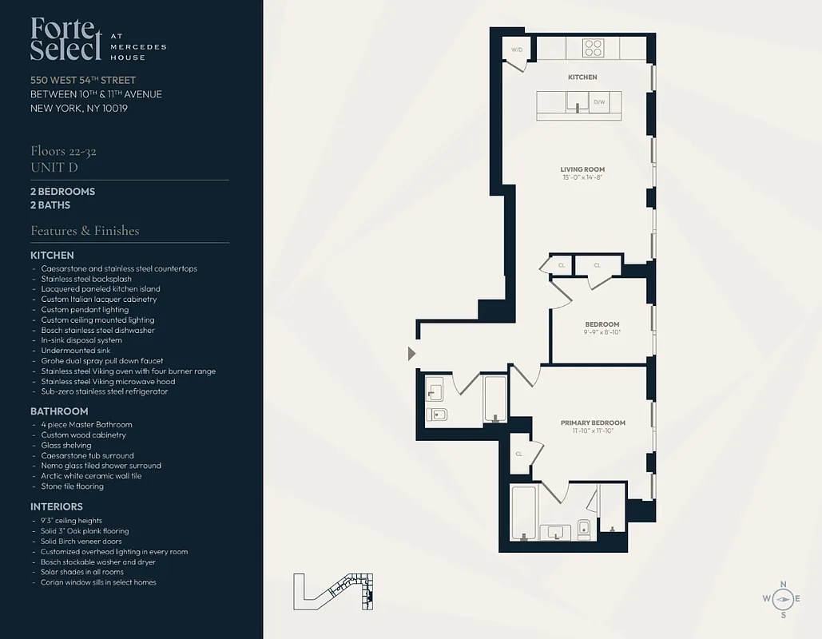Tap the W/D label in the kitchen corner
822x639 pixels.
pyautogui.click(x=516, y=50)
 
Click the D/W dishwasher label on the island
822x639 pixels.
pyautogui.click(x=599, y=102)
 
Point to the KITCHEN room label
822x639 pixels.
pyautogui.click(x=582, y=77)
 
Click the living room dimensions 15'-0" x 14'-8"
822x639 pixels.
pyautogui.click(x=582, y=177)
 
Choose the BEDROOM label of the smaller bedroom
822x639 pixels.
pyautogui.click(x=602, y=324)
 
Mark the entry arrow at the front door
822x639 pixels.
pyautogui.click(x=411, y=353)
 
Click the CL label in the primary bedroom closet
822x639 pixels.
pyautogui.click(x=518, y=453)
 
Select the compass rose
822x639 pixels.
pyautogui.click(x=782, y=599)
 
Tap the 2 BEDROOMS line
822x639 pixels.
pyautogui.click(x=62, y=192)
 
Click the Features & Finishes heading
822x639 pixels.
pyautogui.click(x=85, y=231)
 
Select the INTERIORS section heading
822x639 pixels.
pyautogui.click(x=56, y=506)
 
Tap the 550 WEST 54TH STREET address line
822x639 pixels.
pyautogui.click(x=83, y=80)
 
